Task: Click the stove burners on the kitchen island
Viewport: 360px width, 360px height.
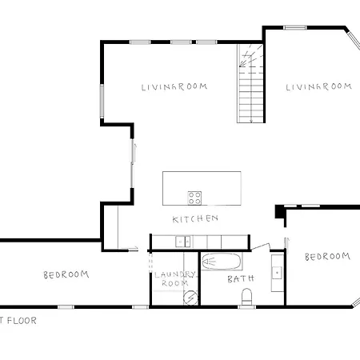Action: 195,197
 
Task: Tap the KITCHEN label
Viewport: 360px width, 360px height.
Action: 195,219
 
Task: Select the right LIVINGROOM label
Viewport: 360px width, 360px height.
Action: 318,86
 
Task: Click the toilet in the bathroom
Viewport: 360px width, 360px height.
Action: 246,298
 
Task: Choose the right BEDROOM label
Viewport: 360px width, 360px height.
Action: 327,257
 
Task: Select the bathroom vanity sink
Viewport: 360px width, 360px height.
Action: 277,273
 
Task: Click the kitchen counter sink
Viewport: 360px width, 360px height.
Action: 182,240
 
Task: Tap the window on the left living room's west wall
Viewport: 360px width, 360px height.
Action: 101,103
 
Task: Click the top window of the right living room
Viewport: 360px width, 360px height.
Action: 294,28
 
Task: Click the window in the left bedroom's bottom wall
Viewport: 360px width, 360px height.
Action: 66,306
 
